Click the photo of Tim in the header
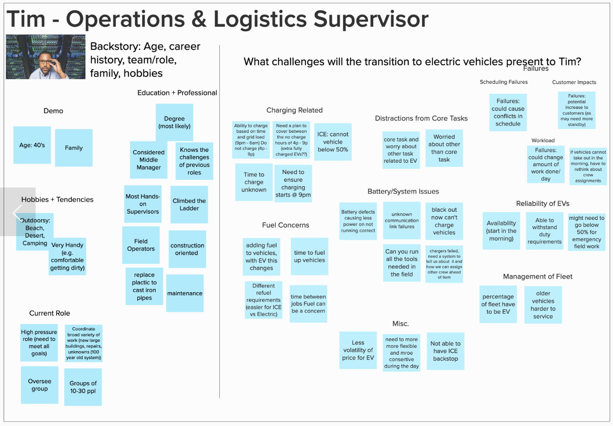[x=45, y=57]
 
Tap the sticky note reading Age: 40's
[x=32, y=145]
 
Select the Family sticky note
[x=74, y=148]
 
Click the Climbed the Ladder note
[x=189, y=204]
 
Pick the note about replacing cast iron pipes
[x=144, y=286]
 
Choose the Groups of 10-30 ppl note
[x=83, y=387]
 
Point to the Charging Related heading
[x=294, y=110]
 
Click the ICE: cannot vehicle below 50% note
[x=333, y=142]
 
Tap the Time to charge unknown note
[x=254, y=182]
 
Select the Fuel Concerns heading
[x=285, y=225]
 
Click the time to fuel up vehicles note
[x=309, y=256]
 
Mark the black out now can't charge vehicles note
[x=444, y=221]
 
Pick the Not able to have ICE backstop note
[x=445, y=351]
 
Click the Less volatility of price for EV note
[x=358, y=350]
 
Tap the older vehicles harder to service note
[x=543, y=305]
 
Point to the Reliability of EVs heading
[x=543, y=204]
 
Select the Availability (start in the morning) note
[x=501, y=231]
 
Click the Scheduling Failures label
[x=504, y=82]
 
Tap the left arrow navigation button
[x=17, y=212]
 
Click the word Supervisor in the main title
[x=371, y=19]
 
